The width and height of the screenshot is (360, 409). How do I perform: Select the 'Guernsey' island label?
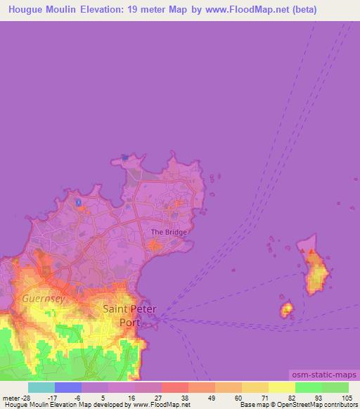coord(43,299)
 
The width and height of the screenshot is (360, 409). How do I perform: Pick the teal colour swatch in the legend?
coord(41,387)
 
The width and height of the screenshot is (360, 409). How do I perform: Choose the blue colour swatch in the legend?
coord(67,387)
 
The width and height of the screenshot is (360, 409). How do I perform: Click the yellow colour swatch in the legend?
coord(281,387)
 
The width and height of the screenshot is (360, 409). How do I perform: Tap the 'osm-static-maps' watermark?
coord(324,377)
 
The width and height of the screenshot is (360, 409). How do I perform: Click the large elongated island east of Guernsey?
coord(316,271)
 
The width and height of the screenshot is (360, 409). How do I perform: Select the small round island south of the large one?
coord(287,309)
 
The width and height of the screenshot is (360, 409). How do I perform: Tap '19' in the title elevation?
coord(134,10)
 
